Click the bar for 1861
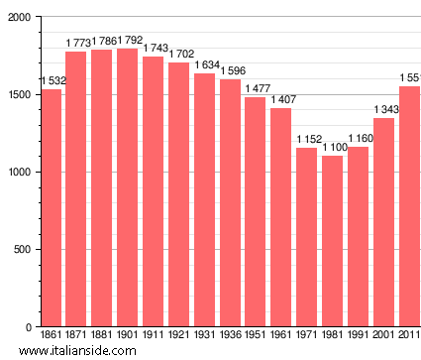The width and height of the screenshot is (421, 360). pyautogui.click(x=51, y=208)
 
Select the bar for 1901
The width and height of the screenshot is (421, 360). pyautogui.click(x=127, y=187)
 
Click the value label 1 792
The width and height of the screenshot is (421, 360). pyautogui.click(x=127, y=41)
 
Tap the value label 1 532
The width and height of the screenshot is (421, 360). pyautogui.click(x=52, y=81)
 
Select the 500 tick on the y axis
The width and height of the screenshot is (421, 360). pyautogui.click(x=22, y=250)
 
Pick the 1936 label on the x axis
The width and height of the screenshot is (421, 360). pyautogui.click(x=230, y=335)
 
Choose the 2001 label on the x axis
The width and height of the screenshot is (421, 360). pyautogui.click(x=383, y=335)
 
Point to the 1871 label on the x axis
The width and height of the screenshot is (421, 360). pyautogui.click(x=76, y=335)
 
